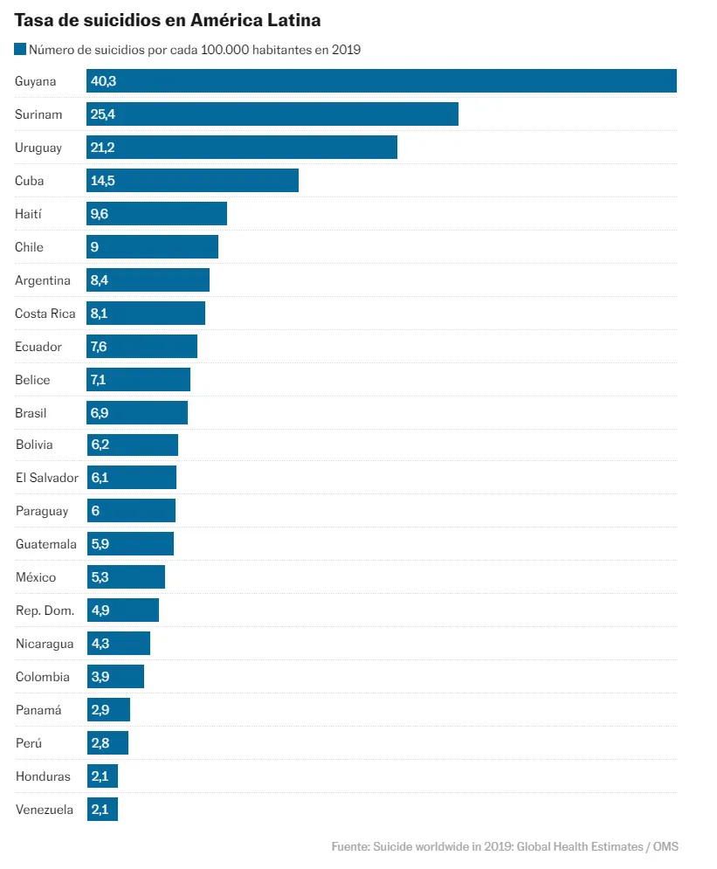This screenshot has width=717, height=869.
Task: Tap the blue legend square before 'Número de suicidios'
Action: click(20, 50)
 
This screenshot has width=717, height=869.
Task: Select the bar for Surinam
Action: click(272, 114)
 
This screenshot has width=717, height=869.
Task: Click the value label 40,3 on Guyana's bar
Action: click(103, 81)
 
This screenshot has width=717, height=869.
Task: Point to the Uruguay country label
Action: click(38, 148)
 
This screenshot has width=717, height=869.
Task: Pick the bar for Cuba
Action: click(192, 181)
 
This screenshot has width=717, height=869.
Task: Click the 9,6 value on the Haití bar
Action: click(100, 214)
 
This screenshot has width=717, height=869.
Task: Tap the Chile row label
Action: click(29, 247)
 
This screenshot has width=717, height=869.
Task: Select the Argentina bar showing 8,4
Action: click(148, 280)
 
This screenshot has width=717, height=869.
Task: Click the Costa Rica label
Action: click(45, 314)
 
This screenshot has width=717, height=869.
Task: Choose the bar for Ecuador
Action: click(142, 347)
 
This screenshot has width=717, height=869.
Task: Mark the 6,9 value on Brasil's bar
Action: click(100, 413)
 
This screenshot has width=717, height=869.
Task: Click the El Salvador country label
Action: click(47, 478)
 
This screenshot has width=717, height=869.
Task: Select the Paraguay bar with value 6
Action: click(131, 511)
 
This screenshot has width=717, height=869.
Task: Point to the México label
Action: click(36, 577)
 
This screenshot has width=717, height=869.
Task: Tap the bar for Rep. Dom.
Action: click(123, 610)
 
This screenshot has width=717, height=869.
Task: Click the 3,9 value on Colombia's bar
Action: click(100, 677)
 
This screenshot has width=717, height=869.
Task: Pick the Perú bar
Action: click(107, 743)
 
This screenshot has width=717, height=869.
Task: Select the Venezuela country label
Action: click(45, 810)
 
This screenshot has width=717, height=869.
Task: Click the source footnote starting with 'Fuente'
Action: click(505, 846)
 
